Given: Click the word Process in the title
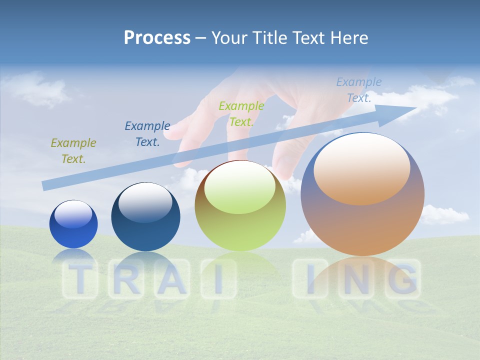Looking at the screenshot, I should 157,38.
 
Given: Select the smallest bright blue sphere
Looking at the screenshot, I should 73,224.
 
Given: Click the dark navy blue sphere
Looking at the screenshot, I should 145,216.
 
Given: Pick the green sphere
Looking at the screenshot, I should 240,205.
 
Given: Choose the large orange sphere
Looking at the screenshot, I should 362,194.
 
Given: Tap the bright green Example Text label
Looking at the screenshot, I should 241,114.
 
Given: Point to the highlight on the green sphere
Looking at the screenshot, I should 239,186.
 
